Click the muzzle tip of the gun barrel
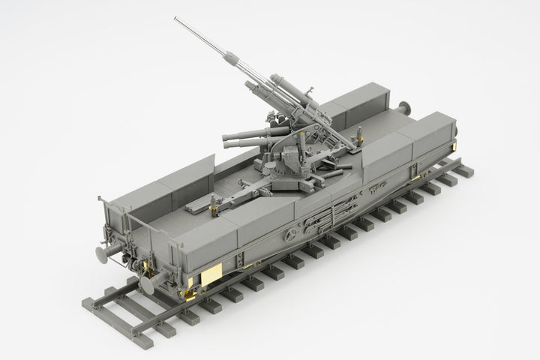point(175,19)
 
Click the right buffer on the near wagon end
point(148,283)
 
